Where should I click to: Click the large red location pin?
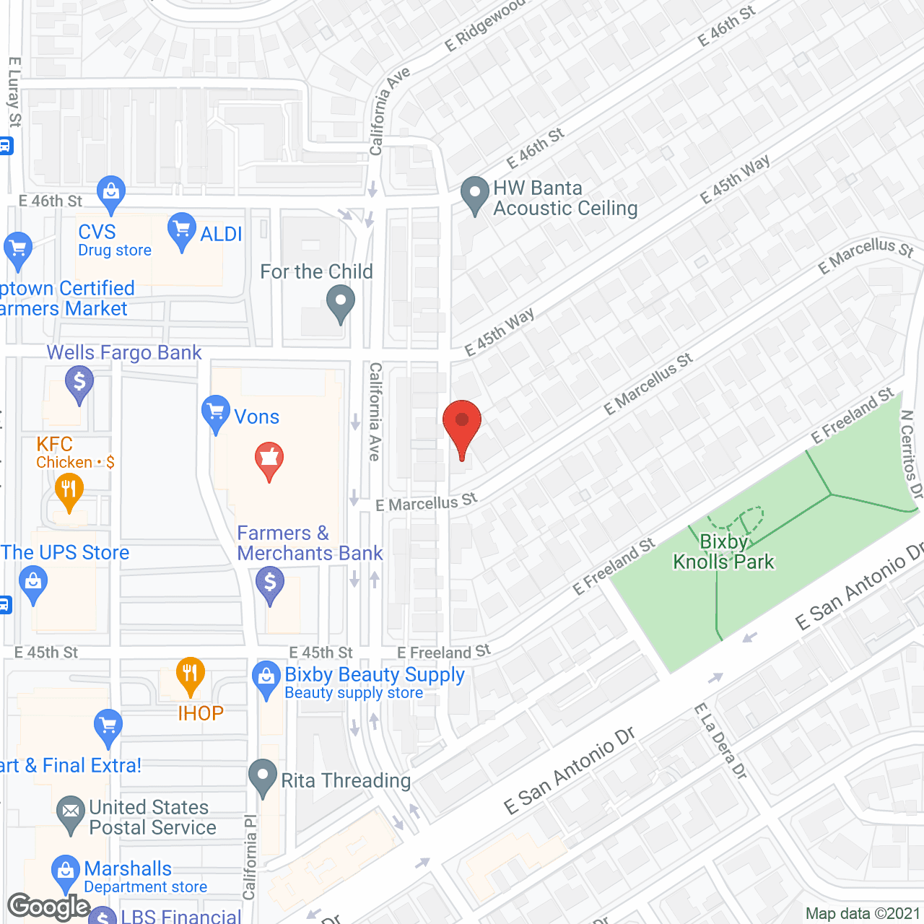[462, 425]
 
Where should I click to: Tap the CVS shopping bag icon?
[110, 193]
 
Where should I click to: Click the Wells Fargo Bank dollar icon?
[79, 383]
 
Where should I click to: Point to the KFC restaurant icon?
[69, 491]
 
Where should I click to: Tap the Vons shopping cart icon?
[215, 413]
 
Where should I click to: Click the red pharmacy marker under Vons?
[269, 459]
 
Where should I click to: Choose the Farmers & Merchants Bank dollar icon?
[270, 583]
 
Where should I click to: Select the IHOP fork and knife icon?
[190, 675]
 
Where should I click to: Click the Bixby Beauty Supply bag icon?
[266, 679]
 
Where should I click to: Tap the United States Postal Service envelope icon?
[70, 813]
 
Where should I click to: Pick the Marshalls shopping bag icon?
[66, 872]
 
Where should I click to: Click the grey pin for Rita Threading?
[263, 777]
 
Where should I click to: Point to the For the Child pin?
[341, 302]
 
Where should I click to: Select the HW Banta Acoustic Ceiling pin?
[475, 194]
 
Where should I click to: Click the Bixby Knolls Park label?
[723, 552]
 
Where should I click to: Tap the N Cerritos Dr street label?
[911, 455]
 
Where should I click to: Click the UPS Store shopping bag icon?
[33, 583]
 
